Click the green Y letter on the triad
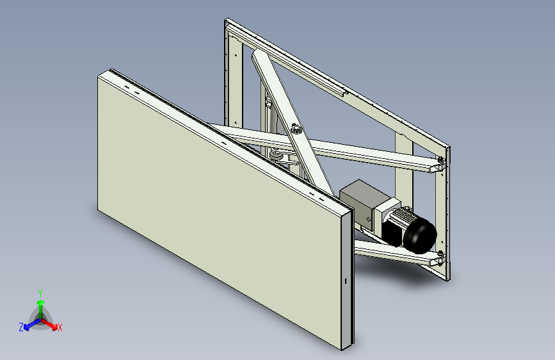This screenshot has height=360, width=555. (40, 292)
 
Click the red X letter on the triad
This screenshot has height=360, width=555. (60, 328)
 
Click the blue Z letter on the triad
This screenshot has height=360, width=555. (21, 327)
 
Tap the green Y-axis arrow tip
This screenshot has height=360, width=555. (40, 300)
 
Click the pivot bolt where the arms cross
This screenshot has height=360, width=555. (296, 129)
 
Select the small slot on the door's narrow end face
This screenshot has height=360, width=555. (344, 281)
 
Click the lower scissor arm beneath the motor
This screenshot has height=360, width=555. (390, 253)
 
